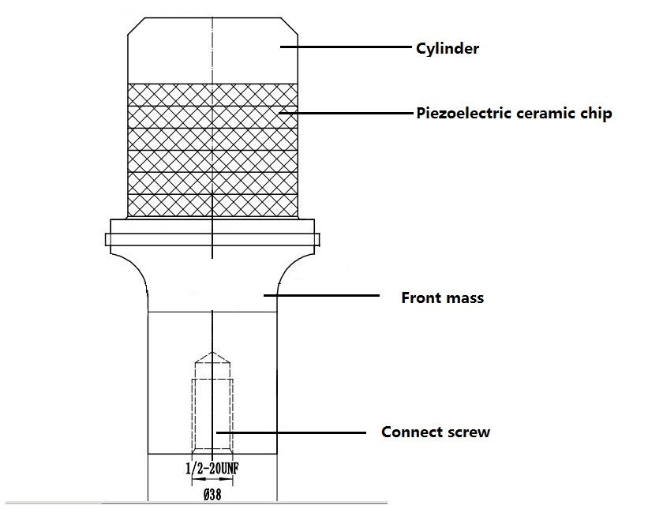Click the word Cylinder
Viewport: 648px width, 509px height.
pos(448,49)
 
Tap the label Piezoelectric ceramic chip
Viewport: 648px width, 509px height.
pos(514,114)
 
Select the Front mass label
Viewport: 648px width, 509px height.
pos(442,298)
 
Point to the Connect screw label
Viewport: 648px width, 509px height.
pos(436,432)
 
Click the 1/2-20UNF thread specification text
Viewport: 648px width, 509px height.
pos(212,468)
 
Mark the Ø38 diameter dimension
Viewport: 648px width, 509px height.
pos(212,494)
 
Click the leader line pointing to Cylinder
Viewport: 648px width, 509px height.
pos(346,47)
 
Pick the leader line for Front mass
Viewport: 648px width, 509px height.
pos(321,295)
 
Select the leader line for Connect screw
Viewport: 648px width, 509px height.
pos(291,432)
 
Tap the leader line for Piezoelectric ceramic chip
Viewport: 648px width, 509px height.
pos(346,112)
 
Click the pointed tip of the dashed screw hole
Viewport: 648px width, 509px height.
pos(212,352)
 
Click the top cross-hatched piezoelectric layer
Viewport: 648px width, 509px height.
pos(212,95)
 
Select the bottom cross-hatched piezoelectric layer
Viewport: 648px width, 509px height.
pos(212,205)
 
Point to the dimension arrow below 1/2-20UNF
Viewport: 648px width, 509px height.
pos(212,480)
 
